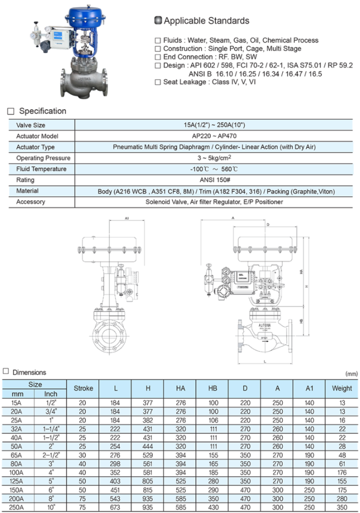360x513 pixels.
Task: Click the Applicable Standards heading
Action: pos(206,21)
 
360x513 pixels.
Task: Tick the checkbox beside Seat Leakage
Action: pos(158,82)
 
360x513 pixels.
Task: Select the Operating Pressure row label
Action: pos(43,158)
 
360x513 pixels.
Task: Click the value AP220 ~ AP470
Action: pos(214,136)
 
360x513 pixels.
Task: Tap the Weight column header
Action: pos(342,388)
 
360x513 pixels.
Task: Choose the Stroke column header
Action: pos(83,388)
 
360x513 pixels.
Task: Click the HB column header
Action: pos(212,388)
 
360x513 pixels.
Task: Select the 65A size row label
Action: pos(17,455)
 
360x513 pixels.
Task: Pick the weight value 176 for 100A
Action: pos(342,472)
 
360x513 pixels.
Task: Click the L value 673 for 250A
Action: pos(115,507)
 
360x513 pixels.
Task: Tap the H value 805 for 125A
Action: pos(148,481)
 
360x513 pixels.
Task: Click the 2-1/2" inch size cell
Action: pos(51,455)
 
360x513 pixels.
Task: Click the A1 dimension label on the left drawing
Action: pos(127,218)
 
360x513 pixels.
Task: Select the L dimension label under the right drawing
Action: pos(265,362)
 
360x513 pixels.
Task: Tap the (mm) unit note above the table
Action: pos(351,374)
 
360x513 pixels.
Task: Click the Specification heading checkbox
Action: pos(11,111)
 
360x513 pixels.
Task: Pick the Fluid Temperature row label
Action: pos(41,169)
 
